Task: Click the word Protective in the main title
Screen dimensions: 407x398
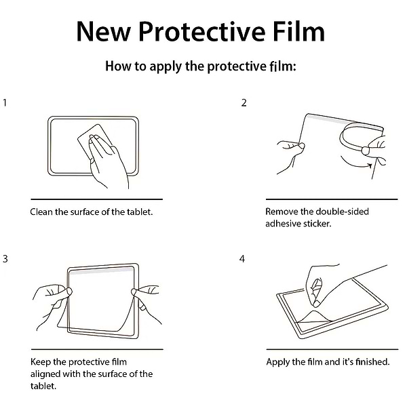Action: click(202, 32)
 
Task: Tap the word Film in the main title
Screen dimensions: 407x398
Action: click(299, 31)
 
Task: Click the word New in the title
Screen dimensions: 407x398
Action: click(104, 32)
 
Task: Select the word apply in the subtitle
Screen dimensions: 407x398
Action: click(166, 66)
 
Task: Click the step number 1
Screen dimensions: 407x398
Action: click(5, 103)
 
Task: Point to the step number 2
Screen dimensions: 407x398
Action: click(244, 103)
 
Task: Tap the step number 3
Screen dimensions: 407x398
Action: click(5, 259)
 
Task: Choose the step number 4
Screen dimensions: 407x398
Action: click(242, 259)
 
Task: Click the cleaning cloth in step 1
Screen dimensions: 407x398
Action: click(85, 138)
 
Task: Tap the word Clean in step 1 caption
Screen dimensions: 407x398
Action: click(41, 212)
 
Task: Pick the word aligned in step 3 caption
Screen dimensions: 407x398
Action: click(45, 374)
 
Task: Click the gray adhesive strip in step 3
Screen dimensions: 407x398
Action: click(101, 271)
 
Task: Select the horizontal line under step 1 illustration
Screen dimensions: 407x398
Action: click(96, 199)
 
